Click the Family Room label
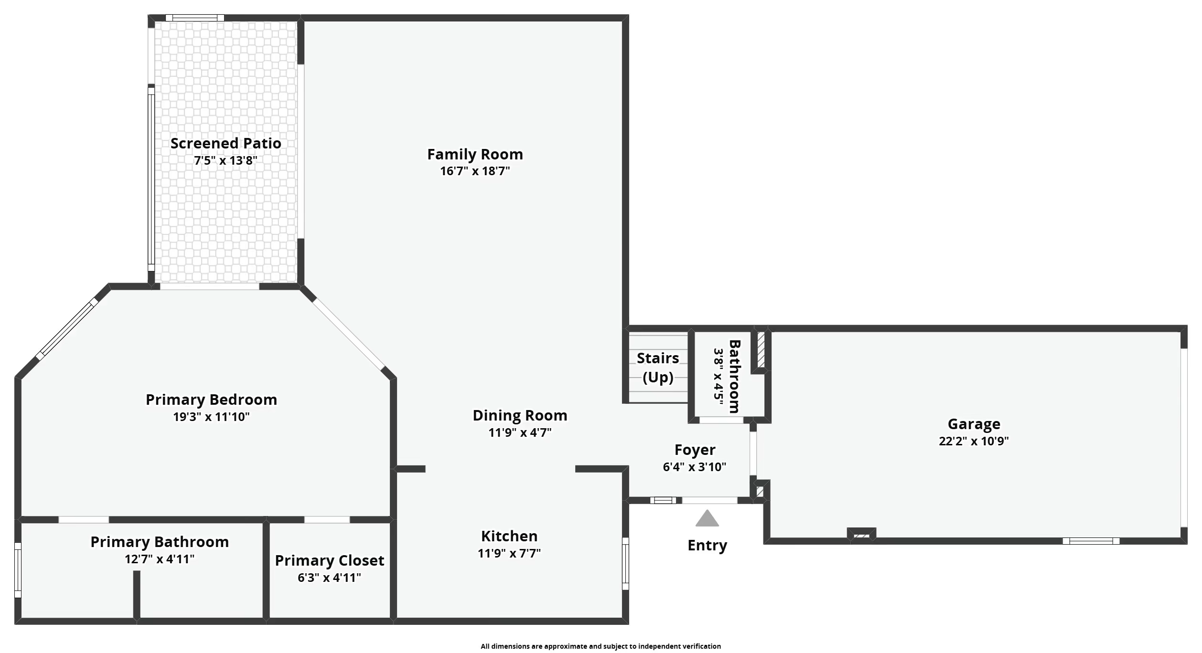pyautogui.click(x=474, y=154)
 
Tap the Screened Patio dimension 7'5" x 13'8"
pyautogui.click(x=225, y=160)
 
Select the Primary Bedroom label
pyautogui.click(x=211, y=400)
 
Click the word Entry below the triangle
pyautogui.click(x=707, y=545)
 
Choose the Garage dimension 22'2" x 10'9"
pyautogui.click(x=974, y=441)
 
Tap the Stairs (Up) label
pyautogui.click(x=658, y=368)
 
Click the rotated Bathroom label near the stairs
pyautogui.click(x=734, y=376)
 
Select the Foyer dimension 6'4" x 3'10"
pyautogui.click(x=694, y=467)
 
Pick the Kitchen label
pyautogui.click(x=509, y=536)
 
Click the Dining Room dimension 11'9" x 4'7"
pyautogui.click(x=520, y=432)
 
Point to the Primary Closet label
pyautogui.click(x=329, y=560)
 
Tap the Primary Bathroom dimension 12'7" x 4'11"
pyautogui.click(x=160, y=559)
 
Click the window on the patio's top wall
pyautogui.click(x=194, y=18)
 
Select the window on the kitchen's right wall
pyautogui.click(x=625, y=563)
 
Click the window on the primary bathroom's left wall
pyautogui.click(x=18, y=570)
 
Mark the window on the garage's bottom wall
pyautogui.click(x=1090, y=541)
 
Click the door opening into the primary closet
pyautogui.click(x=327, y=519)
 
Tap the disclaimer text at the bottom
pyautogui.click(x=601, y=646)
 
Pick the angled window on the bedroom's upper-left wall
pyautogui.click(x=67, y=328)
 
